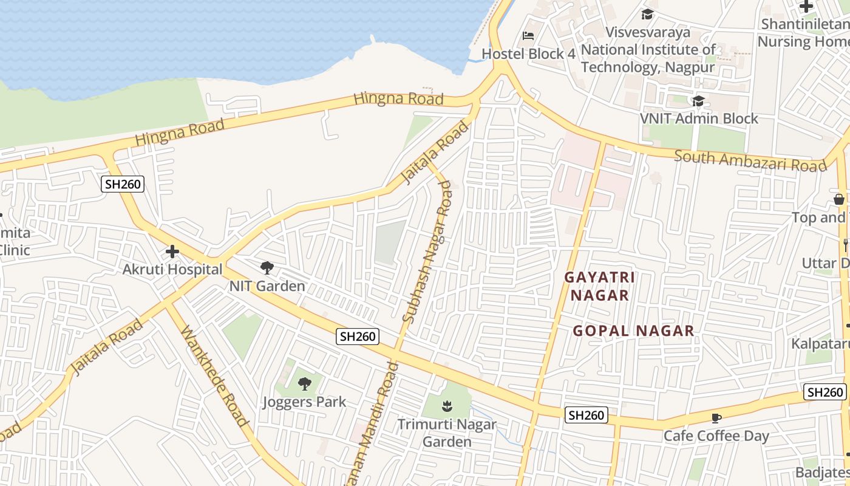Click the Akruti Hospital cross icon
tap(172, 251)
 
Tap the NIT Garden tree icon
tap(267, 267)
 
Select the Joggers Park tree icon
tap(304, 383)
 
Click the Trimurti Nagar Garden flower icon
tap(446, 405)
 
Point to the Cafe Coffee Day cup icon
tap(716, 418)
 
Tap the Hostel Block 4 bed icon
tap(528, 36)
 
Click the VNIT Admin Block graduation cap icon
tap(698, 100)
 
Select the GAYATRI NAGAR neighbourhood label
tap(599, 286)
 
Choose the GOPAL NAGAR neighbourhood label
tap(633, 331)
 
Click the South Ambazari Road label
tap(750, 162)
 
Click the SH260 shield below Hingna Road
tap(123, 184)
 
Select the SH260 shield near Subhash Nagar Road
tap(358, 336)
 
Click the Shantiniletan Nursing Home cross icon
tap(806, 7)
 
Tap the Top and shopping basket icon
tap(839, 199)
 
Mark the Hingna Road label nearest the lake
tap(398, 98)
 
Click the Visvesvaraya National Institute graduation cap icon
tap(647, 14)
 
